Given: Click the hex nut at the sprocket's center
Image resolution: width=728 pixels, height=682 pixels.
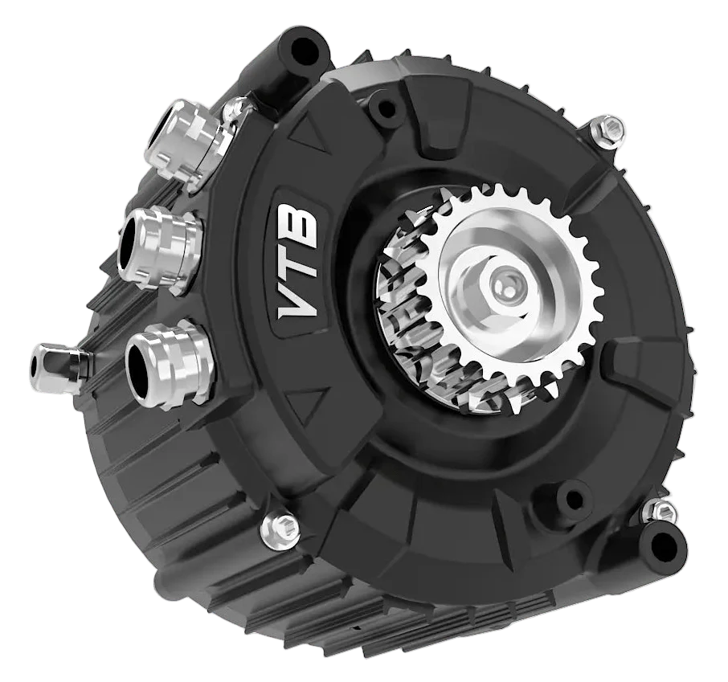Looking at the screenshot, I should tap(504, 286).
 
